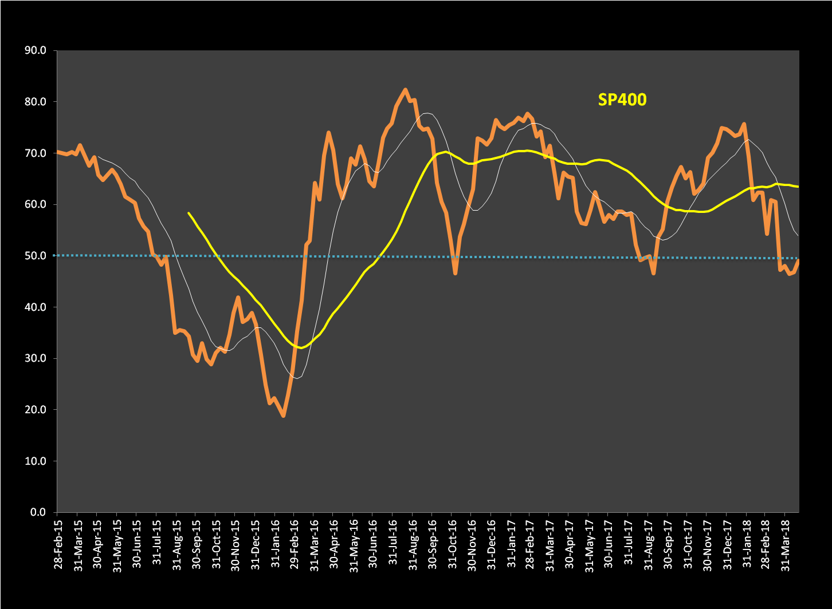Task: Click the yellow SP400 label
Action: click(622, 100)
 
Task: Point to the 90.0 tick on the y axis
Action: click(36, 50)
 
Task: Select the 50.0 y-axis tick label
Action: click(36, 256)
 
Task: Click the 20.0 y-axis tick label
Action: click(36, 410)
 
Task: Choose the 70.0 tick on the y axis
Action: click(36, 153)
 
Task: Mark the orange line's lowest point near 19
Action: click(284, 416)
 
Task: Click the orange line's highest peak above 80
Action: click(405, 90)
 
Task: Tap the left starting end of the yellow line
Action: click(189, 213)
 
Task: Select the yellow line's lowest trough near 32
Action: click(301, 347)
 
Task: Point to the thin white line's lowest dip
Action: click(296, 378)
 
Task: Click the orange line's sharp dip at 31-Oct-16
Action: click(456, 274)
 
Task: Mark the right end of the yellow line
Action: click(798, 187)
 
